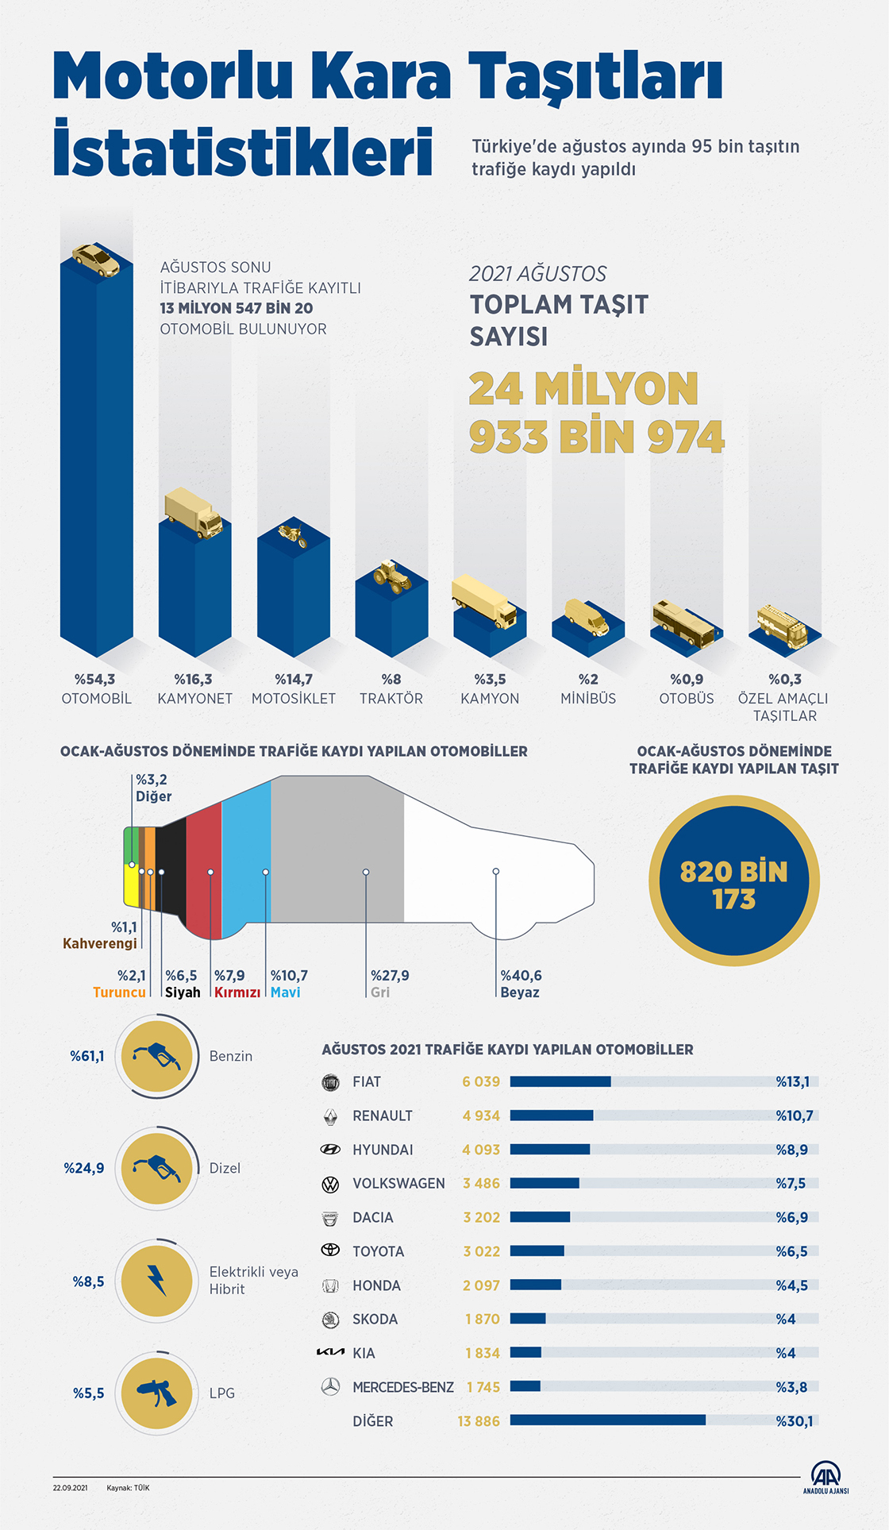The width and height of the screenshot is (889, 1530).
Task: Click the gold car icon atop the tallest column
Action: coord(96,260)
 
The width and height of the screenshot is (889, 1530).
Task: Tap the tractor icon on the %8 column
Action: coord(392,576)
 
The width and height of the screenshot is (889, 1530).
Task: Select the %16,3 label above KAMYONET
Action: coord(194,680)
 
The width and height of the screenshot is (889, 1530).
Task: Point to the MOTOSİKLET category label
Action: coord(294,699)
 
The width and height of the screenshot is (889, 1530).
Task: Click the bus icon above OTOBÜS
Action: coord(686,623)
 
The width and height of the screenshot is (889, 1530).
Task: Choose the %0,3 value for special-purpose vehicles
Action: coord(785,680)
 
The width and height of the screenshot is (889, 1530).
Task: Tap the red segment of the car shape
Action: coord(204,869)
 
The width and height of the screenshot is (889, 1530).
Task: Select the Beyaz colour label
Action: coord(520,992)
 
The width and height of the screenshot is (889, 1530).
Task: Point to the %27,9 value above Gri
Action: coord(390,976)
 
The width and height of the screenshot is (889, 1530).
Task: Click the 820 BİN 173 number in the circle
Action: coord(734,884)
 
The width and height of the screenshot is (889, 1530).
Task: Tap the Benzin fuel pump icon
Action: coord(157,1057)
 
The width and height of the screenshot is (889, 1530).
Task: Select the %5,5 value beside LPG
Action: coord(89,1393)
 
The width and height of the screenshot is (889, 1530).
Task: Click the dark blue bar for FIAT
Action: coord(560,1081)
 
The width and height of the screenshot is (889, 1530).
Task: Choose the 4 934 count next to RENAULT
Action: coord(481,1116)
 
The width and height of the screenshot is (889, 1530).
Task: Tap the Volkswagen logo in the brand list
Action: coord(330,1185)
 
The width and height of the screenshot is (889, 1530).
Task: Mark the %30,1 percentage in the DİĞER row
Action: coord(795,1421)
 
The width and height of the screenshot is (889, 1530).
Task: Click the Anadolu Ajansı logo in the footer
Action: coord(826,1477)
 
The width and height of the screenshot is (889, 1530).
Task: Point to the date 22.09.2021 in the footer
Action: coord(70,1488)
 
